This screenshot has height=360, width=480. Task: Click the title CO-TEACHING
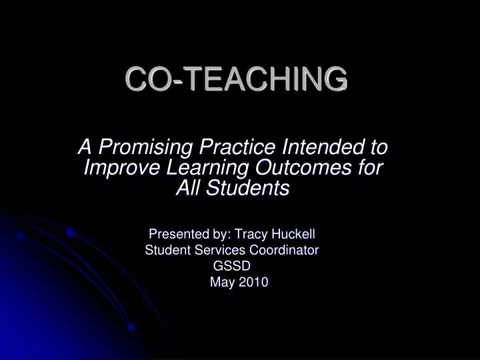tap(236, 79)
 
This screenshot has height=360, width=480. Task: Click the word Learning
tap(198, 168)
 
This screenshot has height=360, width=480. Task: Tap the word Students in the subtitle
tap(250, 189)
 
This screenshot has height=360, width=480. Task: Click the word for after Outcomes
tap(369, 167)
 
